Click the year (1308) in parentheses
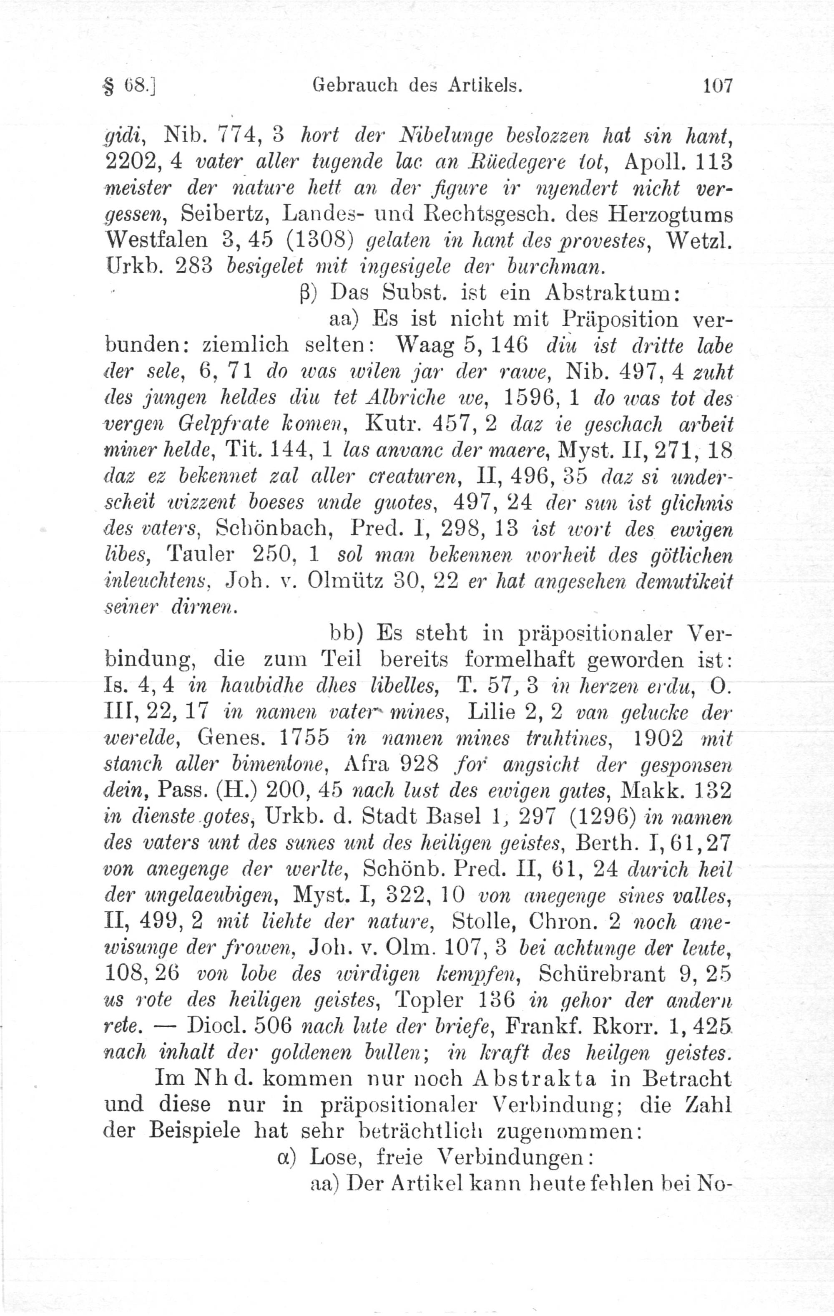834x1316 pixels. (x=316, y=240)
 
